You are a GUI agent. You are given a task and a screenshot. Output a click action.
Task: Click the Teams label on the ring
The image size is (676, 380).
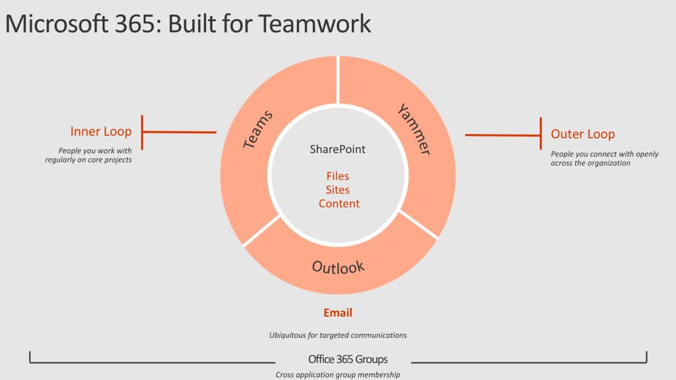[258, 129]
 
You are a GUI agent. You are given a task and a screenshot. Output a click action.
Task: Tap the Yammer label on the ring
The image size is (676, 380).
[415, 129]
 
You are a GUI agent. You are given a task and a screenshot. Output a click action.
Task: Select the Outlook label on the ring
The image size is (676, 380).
[338, 267]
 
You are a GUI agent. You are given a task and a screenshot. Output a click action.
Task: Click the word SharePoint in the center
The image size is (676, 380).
[337, 149]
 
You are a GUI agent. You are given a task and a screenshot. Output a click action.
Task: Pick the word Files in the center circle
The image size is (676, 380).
[337, 176]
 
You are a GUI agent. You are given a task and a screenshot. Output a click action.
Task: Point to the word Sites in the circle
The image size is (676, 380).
[337, 190]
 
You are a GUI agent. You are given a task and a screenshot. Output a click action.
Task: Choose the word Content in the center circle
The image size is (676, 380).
[339, 204]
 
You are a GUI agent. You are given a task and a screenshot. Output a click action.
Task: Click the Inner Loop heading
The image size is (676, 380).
[100, 131]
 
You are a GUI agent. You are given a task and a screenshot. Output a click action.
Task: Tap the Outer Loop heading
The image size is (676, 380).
[582, 134]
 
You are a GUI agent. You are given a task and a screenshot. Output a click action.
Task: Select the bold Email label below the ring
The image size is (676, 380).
[337, 313]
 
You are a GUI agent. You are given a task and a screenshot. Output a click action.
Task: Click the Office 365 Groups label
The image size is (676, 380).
[348, 360]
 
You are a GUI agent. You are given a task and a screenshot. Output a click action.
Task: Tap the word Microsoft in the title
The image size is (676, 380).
[52, 24]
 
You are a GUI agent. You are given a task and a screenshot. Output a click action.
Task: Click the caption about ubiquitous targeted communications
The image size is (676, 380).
[337, 335]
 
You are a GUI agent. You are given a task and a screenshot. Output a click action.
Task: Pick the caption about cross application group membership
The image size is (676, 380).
[337, 375]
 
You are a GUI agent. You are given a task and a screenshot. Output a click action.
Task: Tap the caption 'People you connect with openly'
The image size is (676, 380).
[605, 154]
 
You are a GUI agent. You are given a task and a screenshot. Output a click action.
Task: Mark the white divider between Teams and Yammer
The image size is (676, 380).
[338, 80]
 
